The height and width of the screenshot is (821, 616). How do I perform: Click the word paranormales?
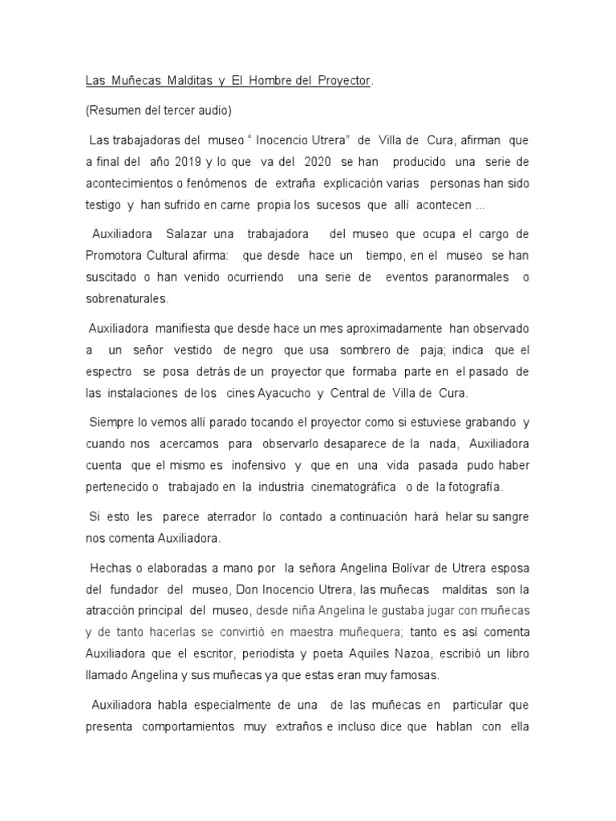[x=469, y=277]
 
